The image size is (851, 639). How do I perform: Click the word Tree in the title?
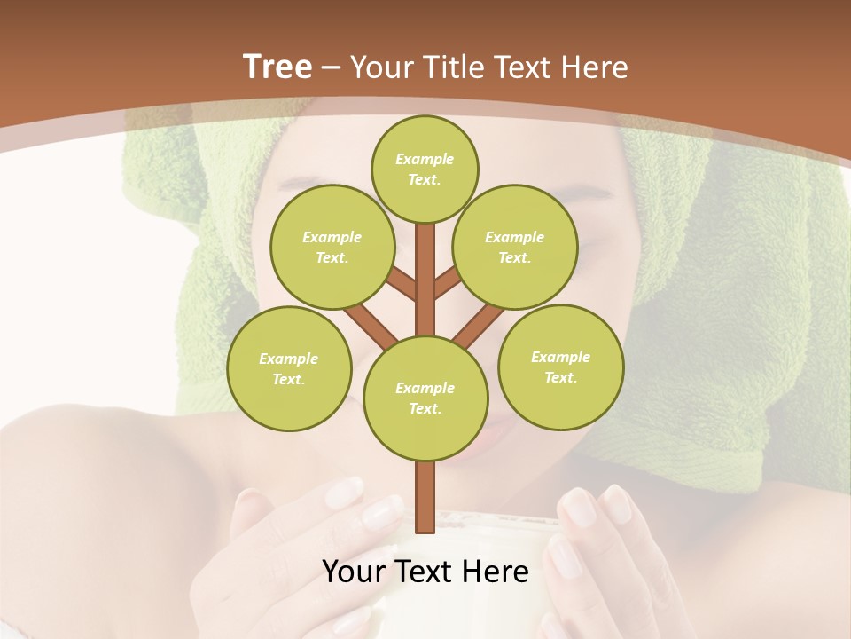(x=277, y=67)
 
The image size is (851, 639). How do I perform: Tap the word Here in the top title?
(x=594, y=67)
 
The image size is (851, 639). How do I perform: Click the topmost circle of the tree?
(x=425, y=169)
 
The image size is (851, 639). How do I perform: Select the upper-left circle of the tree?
(x=332, y=247)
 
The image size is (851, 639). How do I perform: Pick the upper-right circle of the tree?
(x=514, y=247)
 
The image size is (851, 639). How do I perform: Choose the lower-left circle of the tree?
(x=289, y=368)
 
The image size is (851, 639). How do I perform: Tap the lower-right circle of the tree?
(x=560, y=367)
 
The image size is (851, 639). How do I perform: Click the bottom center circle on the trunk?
(x=425, y=398)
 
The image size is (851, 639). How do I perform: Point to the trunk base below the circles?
(x=425, y=497)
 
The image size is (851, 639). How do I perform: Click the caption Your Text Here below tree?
(x=425, y=572)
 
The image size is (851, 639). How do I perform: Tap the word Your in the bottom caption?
(x=353, y=572)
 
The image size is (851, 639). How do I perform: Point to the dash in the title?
(x=332, y=67)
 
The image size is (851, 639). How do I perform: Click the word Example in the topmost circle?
(x=425, y=159)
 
